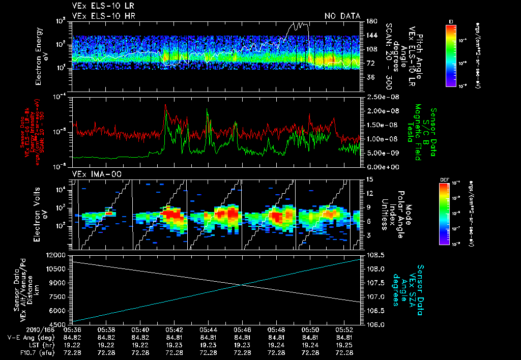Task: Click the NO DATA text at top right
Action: pyautogui.click(x=342, y=16)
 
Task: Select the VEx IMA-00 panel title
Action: pyautogui.click(x=95, y=174)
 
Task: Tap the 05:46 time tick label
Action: pyautogui.click(x=242, y=329)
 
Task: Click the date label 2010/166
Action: pyautogui.click(x=21, y=329)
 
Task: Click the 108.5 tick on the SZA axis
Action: pyautogui.click(x=374, y=255)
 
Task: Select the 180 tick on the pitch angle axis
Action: pyautogui.click(x=371, y=21)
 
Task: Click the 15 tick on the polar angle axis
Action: pyautogui.click(x=368, y=179)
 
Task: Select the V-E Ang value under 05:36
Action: pyautogui.click(x=72, y=337)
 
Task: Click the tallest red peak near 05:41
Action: pyautogui.click(x=165, y=106)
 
